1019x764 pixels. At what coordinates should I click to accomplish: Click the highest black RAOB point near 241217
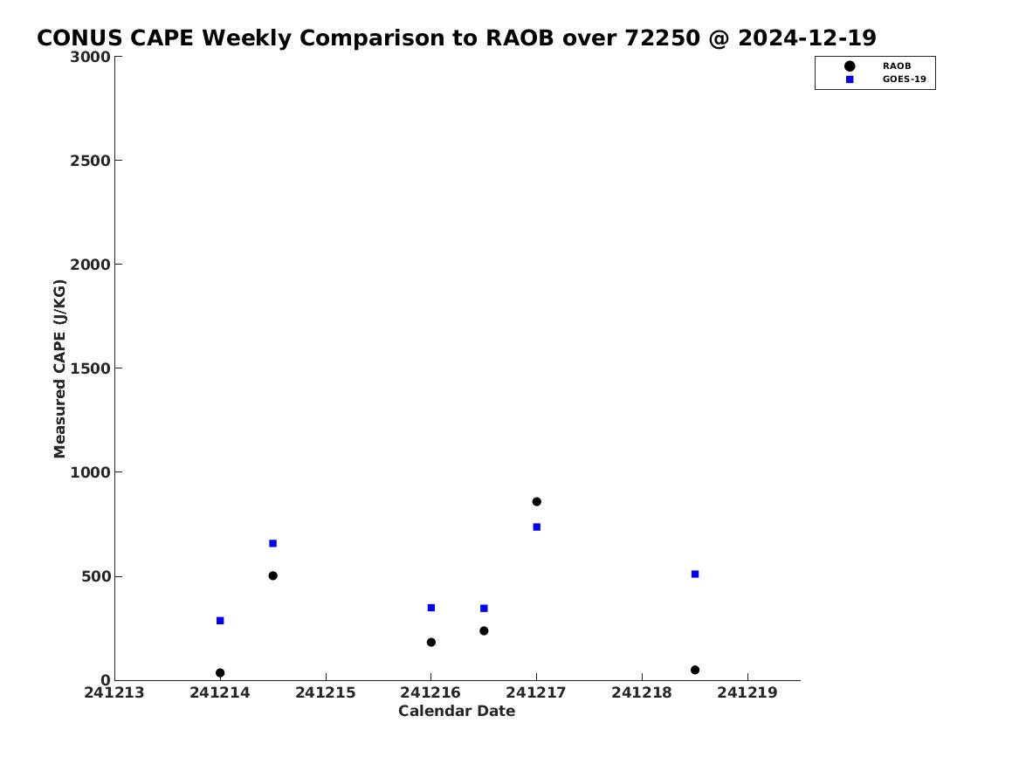pos(536,501)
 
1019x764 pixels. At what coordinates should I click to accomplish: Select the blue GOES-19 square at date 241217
pos(536,527)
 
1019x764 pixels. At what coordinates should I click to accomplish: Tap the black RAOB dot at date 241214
pos(220,673)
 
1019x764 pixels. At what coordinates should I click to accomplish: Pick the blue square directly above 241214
pos(220,621)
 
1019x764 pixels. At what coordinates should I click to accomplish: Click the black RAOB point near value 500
pos(272,575)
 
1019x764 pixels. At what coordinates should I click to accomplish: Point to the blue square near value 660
pos(272,543)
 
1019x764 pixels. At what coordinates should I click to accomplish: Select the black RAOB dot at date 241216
pos(430,642)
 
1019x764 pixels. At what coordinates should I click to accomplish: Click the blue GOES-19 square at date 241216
pos(430,608)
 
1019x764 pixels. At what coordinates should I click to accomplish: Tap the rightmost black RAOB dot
pos(695,670)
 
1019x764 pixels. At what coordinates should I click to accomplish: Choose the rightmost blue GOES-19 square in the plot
pos(695,574)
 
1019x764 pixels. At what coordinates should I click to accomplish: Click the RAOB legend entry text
pos(896,65)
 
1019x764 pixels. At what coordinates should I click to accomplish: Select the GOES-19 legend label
pos(904,79)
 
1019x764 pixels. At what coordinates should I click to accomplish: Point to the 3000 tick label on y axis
pos(90,57)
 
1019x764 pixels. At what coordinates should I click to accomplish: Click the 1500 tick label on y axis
pos(90,368)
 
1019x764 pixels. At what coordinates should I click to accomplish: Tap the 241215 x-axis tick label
pos(326,692)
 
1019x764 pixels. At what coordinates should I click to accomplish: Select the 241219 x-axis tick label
pos(747,692)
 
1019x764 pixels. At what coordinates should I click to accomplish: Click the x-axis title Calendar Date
pos(457,711)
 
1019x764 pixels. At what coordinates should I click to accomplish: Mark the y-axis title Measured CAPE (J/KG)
pos(59,368)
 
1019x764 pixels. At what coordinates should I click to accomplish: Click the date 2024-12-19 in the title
pos(807,38)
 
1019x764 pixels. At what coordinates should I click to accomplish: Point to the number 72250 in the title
pos(662,38)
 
